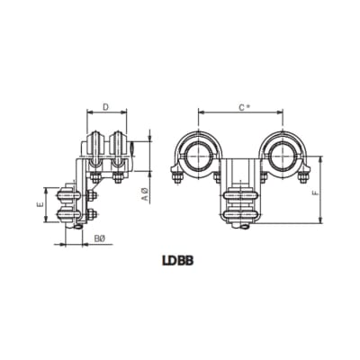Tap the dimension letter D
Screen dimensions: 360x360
106,107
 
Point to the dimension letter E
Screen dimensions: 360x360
41,204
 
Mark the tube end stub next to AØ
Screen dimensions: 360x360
132,154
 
